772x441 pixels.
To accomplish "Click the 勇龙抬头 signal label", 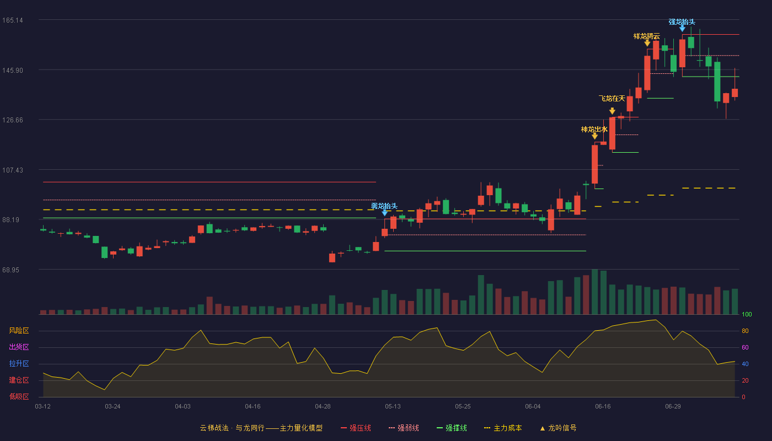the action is coord(384,206).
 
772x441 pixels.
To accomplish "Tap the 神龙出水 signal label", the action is coord(594,130).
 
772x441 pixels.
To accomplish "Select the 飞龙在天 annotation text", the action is coord(612,99).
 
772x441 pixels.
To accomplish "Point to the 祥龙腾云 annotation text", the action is coord(646,36).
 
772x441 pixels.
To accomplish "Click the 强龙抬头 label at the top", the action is coord(682,22).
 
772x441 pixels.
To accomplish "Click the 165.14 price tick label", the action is coord(12,20).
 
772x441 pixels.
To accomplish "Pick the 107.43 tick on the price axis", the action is coord(12,170).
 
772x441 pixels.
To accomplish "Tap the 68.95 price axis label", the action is coord(10,270).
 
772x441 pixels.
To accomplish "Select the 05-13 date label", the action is coord(393,407).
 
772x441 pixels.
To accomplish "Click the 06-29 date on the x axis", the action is coord(673,407).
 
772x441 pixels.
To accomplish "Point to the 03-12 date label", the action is coord(43,407).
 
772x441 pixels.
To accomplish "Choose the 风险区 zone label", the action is coord(19,330).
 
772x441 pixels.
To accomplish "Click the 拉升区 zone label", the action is coord(19,363).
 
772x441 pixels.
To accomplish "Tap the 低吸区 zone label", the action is coord(19,396).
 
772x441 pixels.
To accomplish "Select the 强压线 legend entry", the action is coord(356,428).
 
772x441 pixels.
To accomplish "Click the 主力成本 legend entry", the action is coord(503,428).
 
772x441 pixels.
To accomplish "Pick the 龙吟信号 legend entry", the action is coord(558,428).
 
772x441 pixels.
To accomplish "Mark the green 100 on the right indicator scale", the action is coord(747,314).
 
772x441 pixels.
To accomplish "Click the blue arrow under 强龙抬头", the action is coord(682,29).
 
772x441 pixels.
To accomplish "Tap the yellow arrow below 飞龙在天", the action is coord(612,111).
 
